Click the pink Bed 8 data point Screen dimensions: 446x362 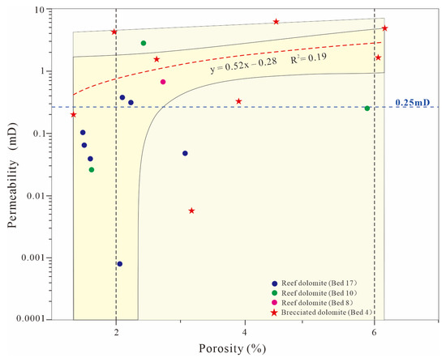pyautogui.click(x=163, y=82)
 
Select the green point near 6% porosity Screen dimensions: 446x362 pyautogui.click(x=367, y=109)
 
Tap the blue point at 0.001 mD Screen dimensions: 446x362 pyautogui.click(x=120, y=264)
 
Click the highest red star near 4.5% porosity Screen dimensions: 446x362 pyautogui.click(x=276, y=22)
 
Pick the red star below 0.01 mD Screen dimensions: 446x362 pyautogui.click(x=191, y=211)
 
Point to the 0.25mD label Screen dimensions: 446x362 pyautogui.click(x=413, y=103)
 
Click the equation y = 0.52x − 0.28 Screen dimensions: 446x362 pyautogui.click(x=243, y=66)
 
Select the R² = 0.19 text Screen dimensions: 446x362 pyautogui.click(x=308, y=58)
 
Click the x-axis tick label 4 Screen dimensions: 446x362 pyautogui.click(x=245, y=332)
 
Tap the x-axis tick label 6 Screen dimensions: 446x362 pyautogui.click(x=375, y=332)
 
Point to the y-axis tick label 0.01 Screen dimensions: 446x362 pyautogui.click(x=36, y=196)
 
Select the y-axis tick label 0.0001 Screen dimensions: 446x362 pyautogui.click(x=30, y=319)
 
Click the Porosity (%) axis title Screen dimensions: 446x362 pyautogui.click(x=233, y=349)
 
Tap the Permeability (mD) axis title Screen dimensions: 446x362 pyautogui.click(x=12, y=175)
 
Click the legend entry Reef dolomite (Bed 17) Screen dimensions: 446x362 pyautogui.click(x=319, y=283)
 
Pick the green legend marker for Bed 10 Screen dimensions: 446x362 pyautogui.click(x=274, y=293)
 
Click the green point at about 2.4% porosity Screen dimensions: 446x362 pyautogui.click(x=144, y=43)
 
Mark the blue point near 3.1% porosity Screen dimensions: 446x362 pyautogui.click(x=185, y=153)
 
